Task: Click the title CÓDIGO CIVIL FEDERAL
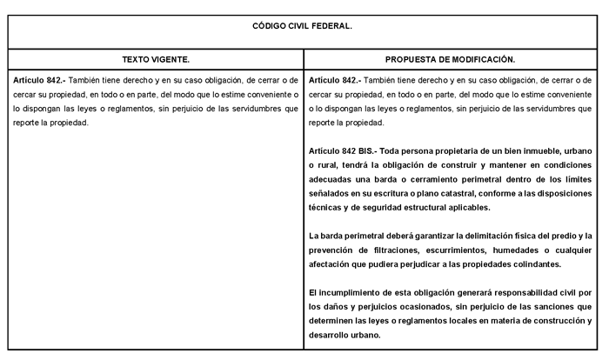304,26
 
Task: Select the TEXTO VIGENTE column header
156,60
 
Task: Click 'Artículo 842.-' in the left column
38,79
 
